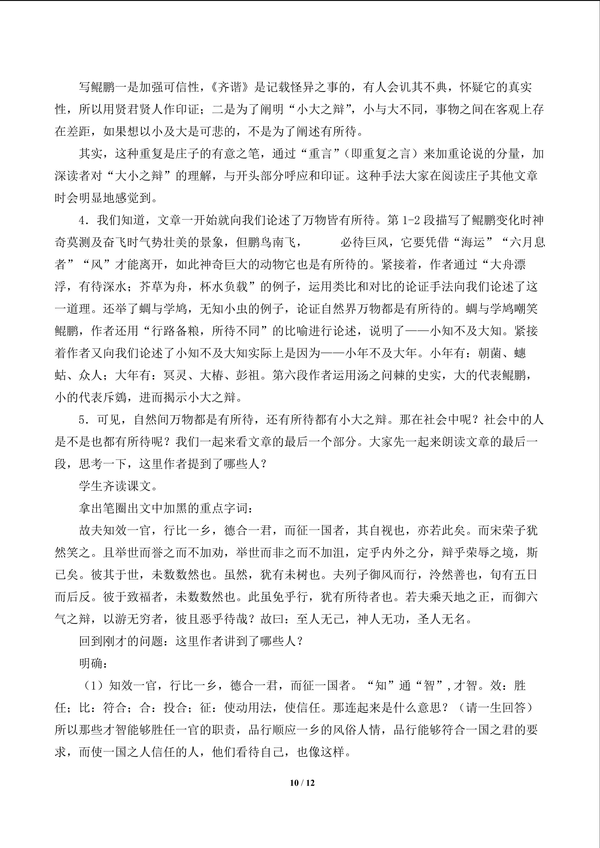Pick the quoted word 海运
click(477, 243)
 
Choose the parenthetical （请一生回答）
click(495, 708)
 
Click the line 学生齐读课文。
click(118, 486)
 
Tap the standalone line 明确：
click(93, 664)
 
